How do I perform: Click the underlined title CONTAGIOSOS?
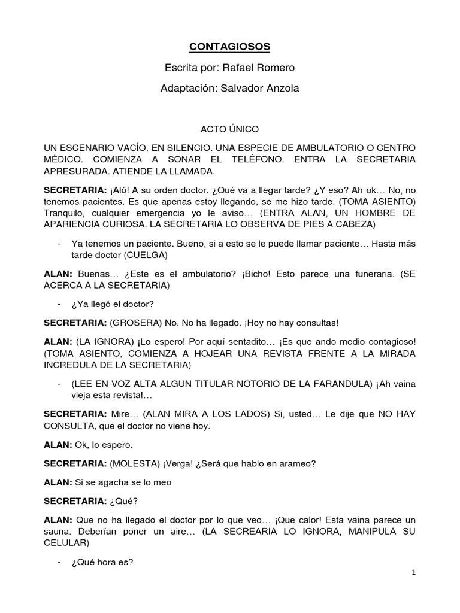point(229,46)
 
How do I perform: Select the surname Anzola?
point(278,89)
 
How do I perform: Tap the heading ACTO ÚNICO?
point(229,129)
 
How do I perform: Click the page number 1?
point(413,572)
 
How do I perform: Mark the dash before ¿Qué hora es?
point(59,562)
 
